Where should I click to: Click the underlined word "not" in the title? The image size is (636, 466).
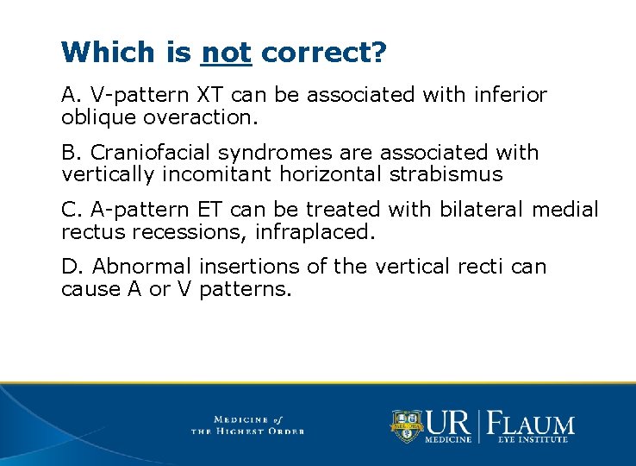(x=226, y=53)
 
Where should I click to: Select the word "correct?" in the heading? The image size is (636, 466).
(x=323, y=53)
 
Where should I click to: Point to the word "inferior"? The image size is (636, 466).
(x=509, y=95)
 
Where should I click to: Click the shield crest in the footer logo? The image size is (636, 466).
(x=407, y=425)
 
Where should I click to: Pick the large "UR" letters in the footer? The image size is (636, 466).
(x=448, y=423)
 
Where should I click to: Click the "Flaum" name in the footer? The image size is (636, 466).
(x=533, y=424)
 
